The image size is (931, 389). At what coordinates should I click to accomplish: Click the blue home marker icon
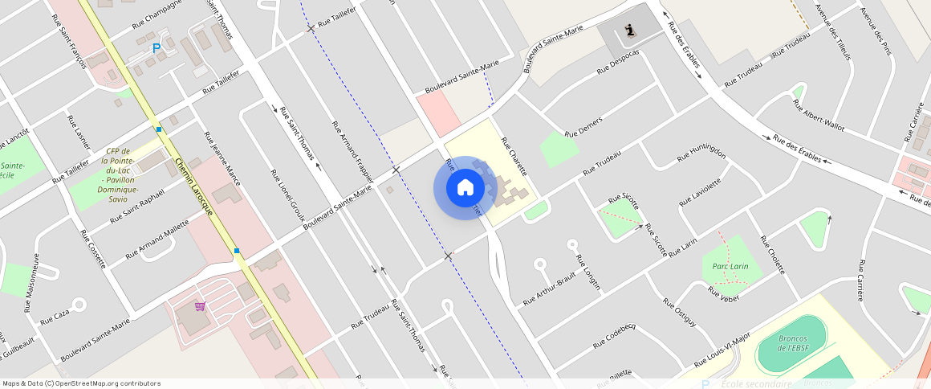[465, 188]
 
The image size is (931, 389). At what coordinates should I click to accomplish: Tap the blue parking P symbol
[157, 48]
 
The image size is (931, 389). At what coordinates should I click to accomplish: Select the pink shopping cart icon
[199, 306]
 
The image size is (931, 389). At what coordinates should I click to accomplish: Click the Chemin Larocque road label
[197, 190]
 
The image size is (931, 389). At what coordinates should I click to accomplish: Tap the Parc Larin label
[730, 266]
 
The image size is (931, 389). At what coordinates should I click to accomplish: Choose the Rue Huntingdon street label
[701, 154]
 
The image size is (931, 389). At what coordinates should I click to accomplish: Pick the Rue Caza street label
[55, 313]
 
